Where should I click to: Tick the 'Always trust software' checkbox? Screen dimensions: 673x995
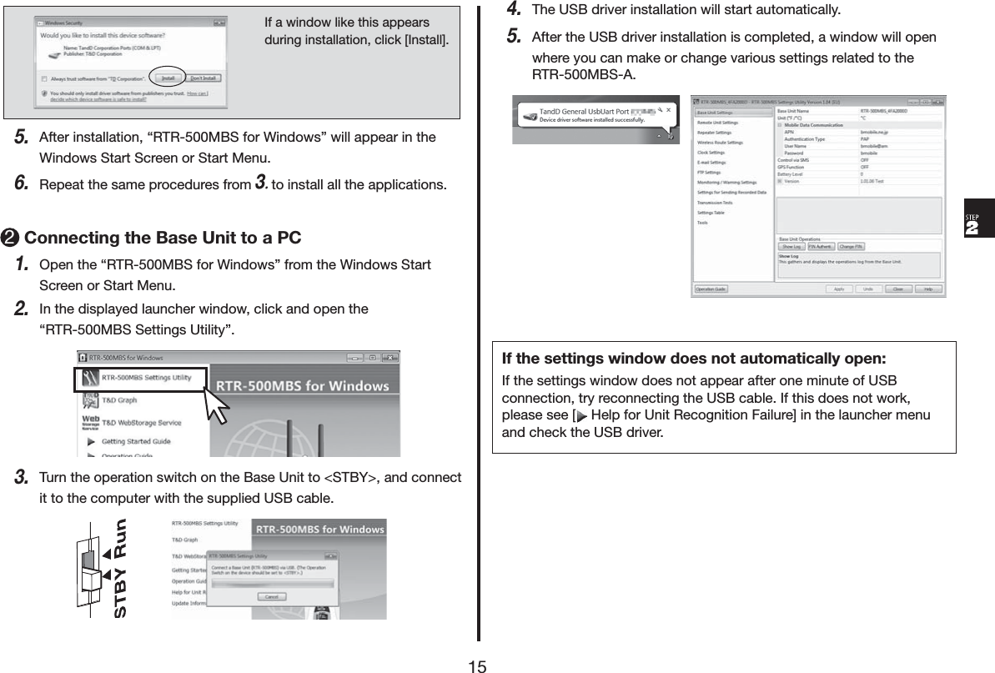(43, 78)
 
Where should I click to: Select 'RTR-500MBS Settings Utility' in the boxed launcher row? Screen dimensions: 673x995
(146, 378)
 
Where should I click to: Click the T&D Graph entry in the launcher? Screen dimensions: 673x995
(119, 400)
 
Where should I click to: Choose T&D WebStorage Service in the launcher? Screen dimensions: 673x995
(141, 422)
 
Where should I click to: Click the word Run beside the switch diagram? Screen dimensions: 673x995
(120, 539)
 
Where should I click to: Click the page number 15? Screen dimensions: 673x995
(477, 665)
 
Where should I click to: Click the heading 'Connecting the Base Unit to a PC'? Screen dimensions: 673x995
(163, 238)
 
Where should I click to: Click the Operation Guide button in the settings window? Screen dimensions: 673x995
(712, 289)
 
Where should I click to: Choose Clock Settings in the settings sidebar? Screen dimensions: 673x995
(711, 153)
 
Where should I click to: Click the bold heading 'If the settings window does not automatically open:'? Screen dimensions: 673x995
(693, 359)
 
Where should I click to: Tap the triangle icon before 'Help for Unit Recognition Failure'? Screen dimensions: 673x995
(581, 415)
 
